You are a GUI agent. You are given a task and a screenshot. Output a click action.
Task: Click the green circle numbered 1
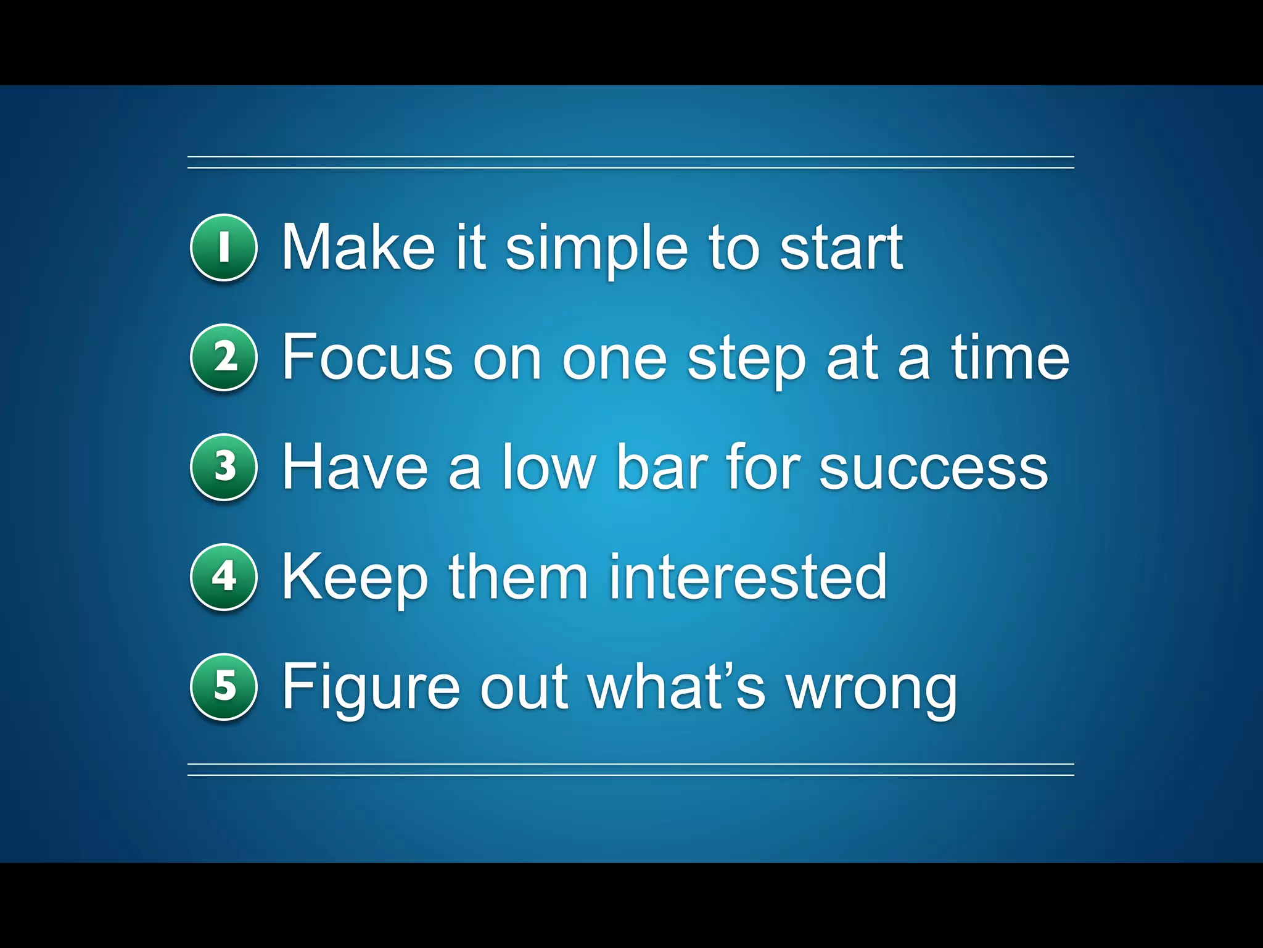223,247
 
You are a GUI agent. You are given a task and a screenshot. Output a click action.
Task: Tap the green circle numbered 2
223,357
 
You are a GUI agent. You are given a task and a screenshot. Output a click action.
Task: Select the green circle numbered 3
223,467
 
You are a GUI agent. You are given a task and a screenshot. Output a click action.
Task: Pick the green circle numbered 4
223,576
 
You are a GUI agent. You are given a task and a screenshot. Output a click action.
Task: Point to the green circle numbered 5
223,686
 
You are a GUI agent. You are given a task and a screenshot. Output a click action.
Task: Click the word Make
358,247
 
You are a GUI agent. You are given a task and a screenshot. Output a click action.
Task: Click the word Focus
368,357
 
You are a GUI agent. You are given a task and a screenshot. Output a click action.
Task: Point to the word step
747,361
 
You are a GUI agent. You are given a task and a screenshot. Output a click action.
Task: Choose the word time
1010,357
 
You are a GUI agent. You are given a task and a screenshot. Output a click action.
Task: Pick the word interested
747,576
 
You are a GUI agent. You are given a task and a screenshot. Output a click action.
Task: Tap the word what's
677,686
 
